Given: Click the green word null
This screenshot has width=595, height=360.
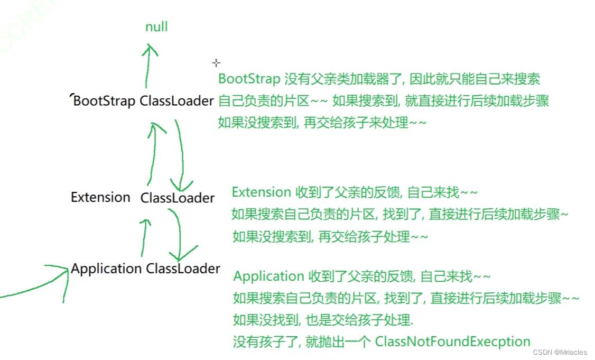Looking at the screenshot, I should click(x=156, y=27).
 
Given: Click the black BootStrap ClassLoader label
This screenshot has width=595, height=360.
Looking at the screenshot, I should click(x=143, y=101).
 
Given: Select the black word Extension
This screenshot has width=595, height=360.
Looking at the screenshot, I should click(x=100, y=198).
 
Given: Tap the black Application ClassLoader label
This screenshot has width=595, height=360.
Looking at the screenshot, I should click(x=145, y=269).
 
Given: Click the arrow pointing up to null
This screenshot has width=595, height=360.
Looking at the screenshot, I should click(x=149, y=66).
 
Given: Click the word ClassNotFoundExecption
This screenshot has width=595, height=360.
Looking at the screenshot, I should click(x=452, y=341).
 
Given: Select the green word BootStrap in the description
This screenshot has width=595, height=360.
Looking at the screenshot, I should click(x=249, y=79).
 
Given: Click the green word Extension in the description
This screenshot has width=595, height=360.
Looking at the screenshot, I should click(x=262, y=192).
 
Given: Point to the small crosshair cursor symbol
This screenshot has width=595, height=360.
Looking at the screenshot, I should click(x=216, y=63).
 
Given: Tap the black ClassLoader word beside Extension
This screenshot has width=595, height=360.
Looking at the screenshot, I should click(x=178, y=198).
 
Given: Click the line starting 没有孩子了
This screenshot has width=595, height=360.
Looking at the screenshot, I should click(x=381, y=341).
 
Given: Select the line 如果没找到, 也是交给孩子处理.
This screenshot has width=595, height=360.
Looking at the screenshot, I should click(x=323, y=320).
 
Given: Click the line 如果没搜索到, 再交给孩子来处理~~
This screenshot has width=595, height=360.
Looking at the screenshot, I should click(x=322, y=123).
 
